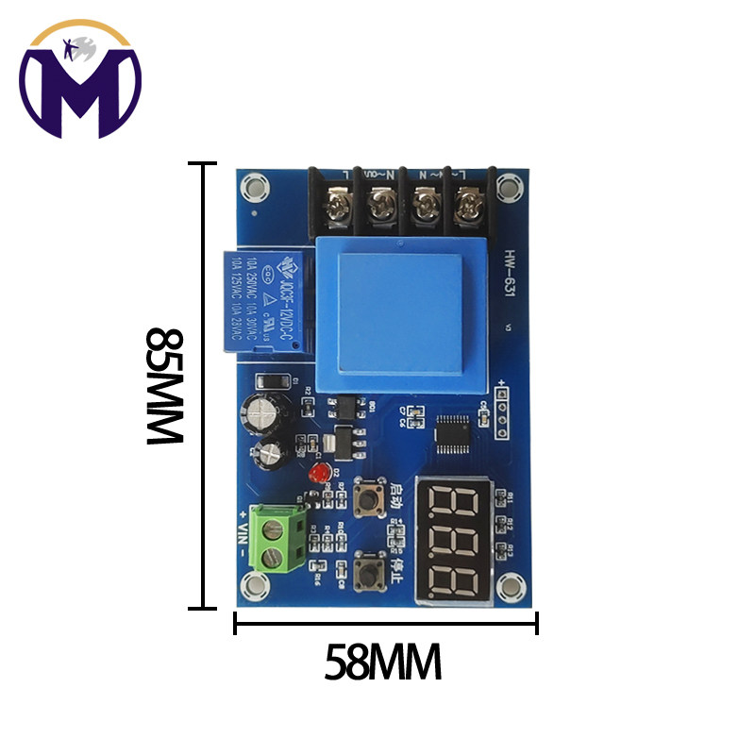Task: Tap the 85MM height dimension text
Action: click(165, 386)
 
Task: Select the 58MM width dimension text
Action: click(383, 663)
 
